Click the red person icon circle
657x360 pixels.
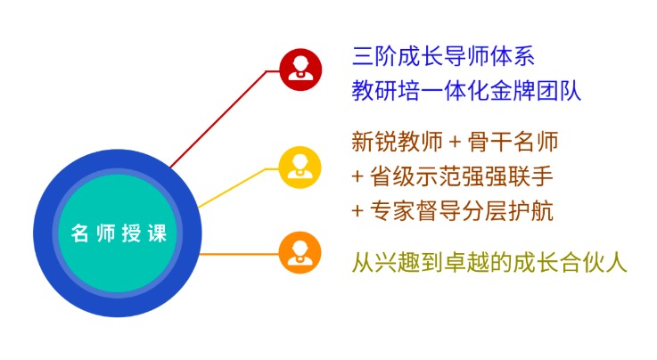click(x=300, y=70)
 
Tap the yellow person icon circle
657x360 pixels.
click(x=300, y=168)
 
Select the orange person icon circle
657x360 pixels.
click(x=300, y=253)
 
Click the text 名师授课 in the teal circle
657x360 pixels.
click(x=119, y=233)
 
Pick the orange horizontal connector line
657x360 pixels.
click(x=239, y=254)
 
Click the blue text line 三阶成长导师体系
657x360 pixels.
click(x=443, y=56)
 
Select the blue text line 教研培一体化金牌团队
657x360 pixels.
click(x=466, y=90)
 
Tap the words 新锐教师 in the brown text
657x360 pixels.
click(x=398, y=142)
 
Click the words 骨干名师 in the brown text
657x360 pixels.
click(x=513, y=142)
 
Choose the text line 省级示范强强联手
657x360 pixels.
click(x=461, y=176)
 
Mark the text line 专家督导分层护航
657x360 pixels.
click(x=461, y=210)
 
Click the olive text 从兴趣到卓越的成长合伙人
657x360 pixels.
click(x=489, y=263)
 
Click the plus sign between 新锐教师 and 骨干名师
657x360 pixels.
click(x=455, y=143)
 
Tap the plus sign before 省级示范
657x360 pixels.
click(x=357, y=176)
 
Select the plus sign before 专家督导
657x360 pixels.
click(x=357, y=211)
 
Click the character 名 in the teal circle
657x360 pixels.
click(x=79, y=233)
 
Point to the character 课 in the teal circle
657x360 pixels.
click(x=158, y=233)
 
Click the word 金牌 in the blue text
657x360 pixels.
click(x=512, y=90)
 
